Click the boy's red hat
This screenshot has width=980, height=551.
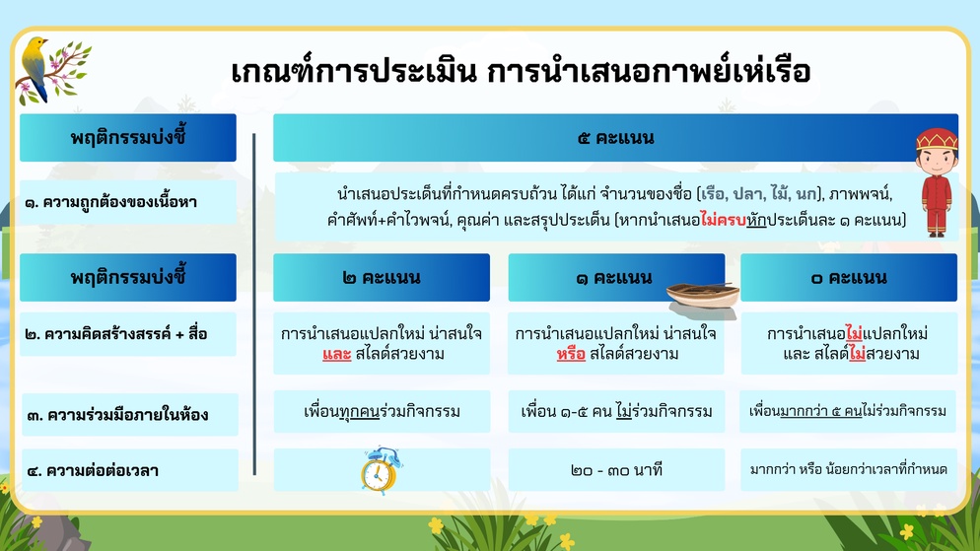point(937,139)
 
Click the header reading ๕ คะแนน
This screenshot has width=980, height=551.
point(615,137)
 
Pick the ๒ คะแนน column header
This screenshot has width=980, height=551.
point(382,277)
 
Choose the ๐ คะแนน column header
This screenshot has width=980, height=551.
point(849,277)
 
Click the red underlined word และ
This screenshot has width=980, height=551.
point(337,355)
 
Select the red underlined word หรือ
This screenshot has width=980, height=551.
point(571,355)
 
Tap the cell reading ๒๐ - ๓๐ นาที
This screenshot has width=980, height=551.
point(616,470)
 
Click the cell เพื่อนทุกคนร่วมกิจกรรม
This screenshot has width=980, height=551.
point(382,412)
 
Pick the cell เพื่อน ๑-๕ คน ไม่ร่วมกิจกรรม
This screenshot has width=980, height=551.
point(616,412)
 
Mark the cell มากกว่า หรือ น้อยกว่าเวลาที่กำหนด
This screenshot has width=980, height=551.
point(848,470)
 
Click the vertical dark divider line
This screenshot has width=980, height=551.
point(254,305)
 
